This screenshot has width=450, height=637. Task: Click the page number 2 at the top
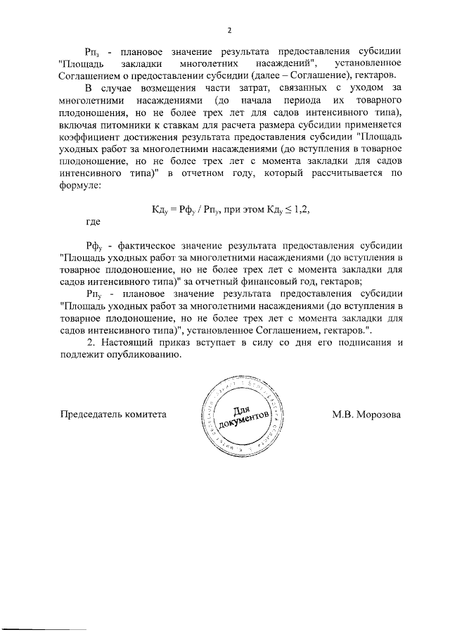[229, 30]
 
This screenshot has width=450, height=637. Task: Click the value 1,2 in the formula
[301, 209]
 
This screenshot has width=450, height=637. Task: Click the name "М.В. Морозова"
[366, 415]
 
